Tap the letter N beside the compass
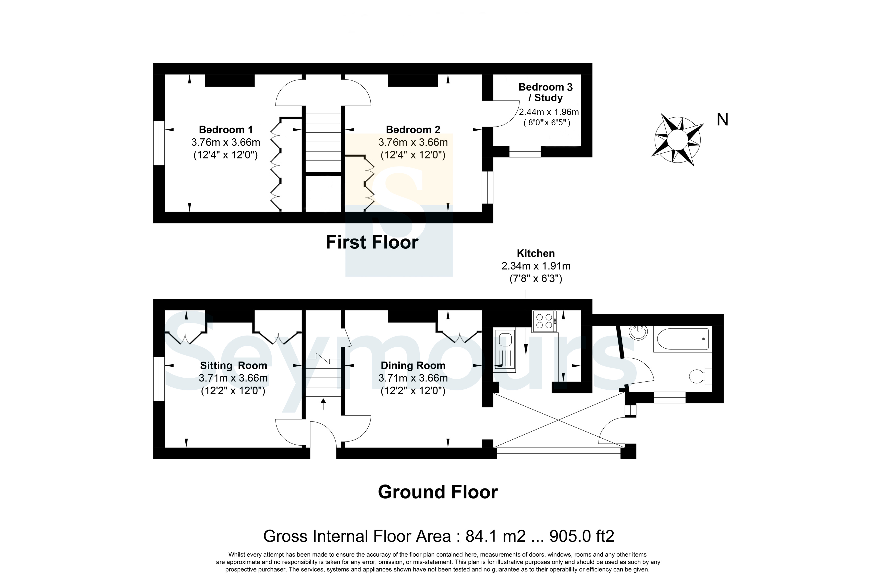coord(722,120)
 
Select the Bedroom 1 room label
coord(226,130)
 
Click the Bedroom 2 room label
coord(413,130)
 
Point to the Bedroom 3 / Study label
coord(545,93)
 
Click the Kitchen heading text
coord(535,253)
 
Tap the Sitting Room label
coord(233,366)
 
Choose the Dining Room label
coord(413,366)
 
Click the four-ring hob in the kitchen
coord(544,321)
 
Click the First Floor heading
coord(372,242)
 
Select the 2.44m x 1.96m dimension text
coord(549,112)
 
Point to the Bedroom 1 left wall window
coord(159,143)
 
